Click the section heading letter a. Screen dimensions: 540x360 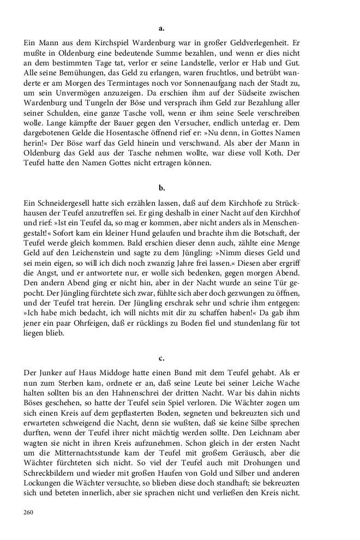pos(161,27)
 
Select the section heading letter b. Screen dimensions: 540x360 pos(161,188)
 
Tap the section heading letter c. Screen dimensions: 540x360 pos(161,358)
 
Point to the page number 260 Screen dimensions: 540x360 pos(29,512)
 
